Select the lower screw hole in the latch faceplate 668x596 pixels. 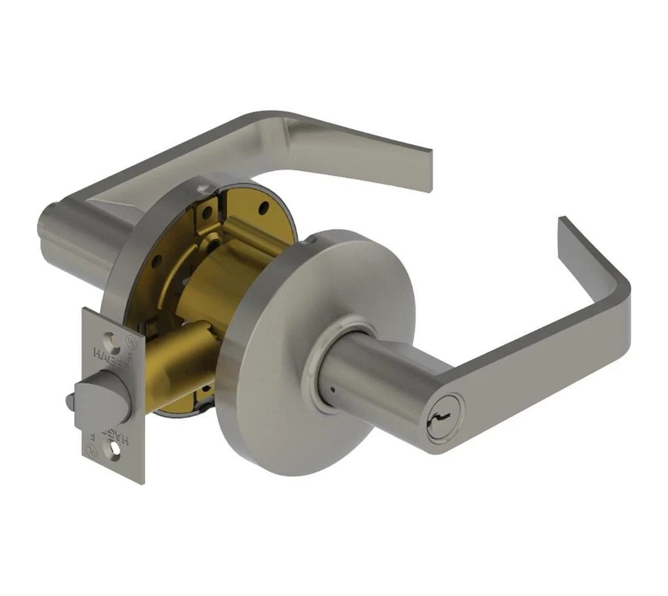click(114, 450)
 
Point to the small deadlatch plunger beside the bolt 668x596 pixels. click(70, 400)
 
